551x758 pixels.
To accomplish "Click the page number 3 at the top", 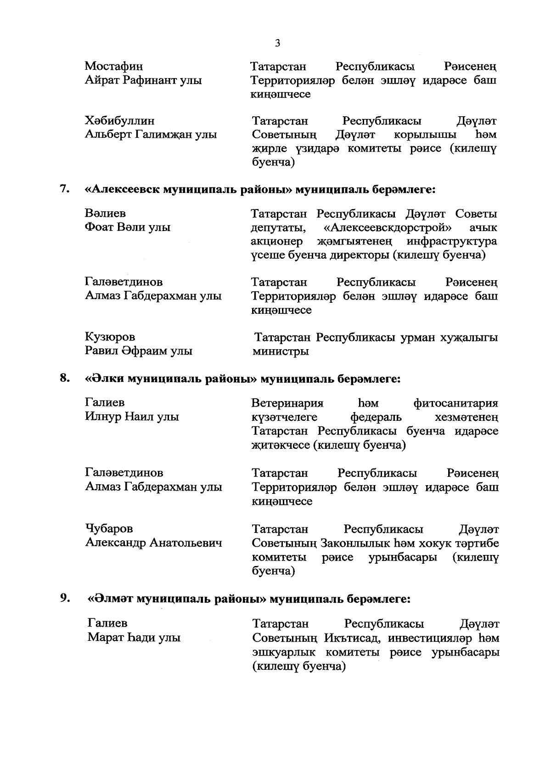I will (277, 43).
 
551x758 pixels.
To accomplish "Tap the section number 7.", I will (64, 189).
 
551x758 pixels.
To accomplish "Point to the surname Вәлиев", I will (105, 214).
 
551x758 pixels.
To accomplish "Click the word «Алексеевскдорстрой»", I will (387, 227).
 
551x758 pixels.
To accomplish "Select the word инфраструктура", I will (452, 241).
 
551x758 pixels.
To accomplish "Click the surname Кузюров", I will (110, 337).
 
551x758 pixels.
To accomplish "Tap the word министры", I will (281, 351).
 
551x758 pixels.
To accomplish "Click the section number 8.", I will (64, 379).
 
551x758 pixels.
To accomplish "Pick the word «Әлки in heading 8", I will (105, 379).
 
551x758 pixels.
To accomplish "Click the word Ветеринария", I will (287, 403).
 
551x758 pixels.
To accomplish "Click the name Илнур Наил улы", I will (132, 417).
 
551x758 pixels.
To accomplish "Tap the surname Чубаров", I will (109, 529).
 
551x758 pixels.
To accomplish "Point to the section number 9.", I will (64, 599).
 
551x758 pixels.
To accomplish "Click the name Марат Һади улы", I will (134, 638).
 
